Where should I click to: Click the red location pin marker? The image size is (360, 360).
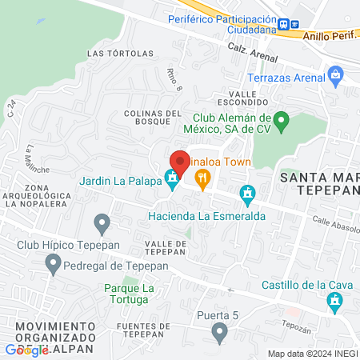click(180, 162)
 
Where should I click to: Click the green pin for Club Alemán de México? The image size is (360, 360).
click(281, 122)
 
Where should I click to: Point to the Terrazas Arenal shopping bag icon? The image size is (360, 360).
click(336, 77)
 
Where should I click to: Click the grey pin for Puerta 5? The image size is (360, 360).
click(221, 331)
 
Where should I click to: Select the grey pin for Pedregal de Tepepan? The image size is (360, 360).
click(53, 262)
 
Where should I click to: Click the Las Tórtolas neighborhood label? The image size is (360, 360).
click(120, 54)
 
